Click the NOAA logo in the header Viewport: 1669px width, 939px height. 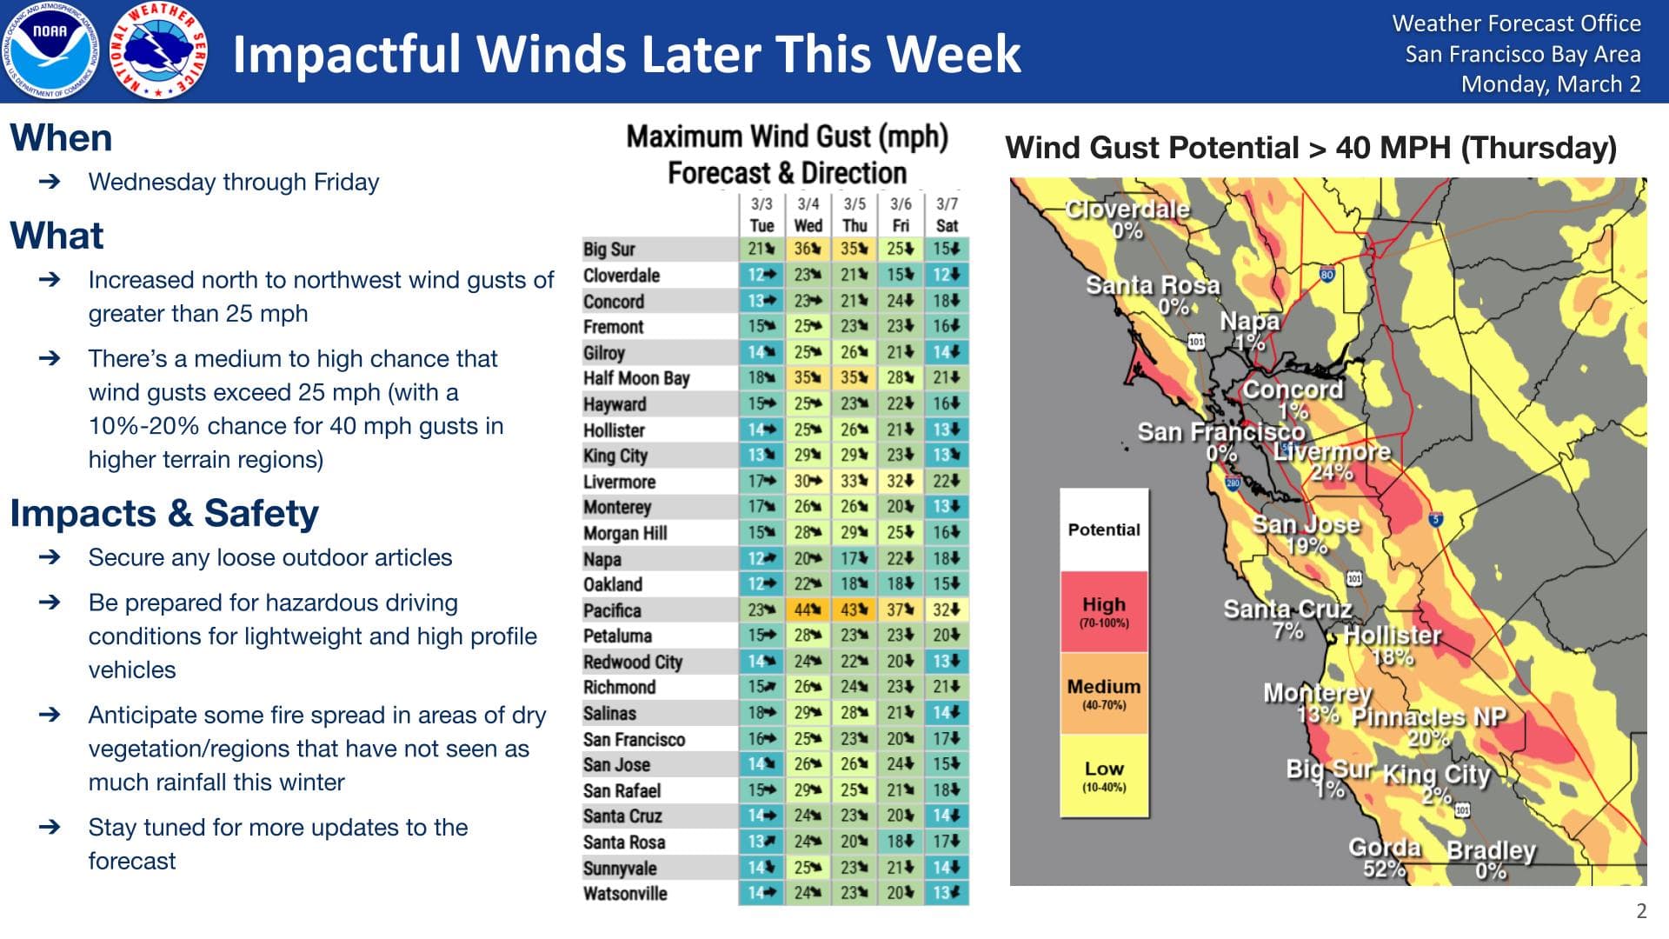51,50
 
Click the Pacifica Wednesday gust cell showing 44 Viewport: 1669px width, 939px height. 808,610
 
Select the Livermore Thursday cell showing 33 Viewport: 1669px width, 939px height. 854,481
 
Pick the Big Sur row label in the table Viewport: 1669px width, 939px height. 608,250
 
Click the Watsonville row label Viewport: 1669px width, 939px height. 625,894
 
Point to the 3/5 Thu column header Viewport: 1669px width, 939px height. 854,214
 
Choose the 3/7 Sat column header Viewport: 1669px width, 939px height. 947,214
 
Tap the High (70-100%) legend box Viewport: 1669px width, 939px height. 1104,611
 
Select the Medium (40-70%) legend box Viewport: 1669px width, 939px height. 1104,693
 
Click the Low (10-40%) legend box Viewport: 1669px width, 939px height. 1104,776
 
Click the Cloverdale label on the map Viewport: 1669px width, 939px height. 1127,210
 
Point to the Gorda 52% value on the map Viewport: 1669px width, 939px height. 1384,869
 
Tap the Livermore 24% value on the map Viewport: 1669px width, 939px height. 1332,472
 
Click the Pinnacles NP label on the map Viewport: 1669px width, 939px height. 1429,717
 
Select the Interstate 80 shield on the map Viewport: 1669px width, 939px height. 1327,275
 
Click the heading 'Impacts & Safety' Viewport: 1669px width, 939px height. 164,514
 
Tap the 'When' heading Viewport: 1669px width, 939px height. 61,138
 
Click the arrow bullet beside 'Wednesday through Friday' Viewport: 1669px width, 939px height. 50,182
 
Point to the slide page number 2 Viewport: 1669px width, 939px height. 1641,910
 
